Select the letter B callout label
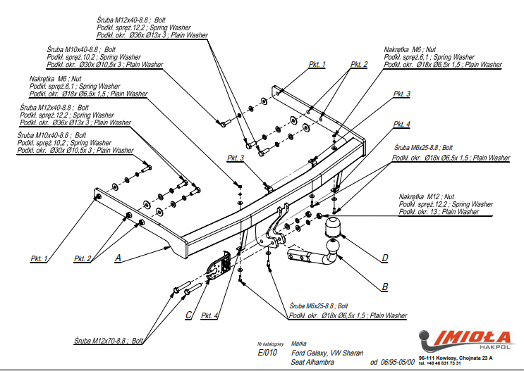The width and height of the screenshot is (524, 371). click(384, 287)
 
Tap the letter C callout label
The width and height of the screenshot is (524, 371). click(188, 315)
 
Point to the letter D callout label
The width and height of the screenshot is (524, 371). click(384, 258)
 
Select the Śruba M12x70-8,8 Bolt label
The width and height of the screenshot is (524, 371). click(109, 341)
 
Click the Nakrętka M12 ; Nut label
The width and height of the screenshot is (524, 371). click(427, 196)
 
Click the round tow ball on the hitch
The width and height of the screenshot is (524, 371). click(332, 227)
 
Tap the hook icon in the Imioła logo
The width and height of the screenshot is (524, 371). click(427, 343)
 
